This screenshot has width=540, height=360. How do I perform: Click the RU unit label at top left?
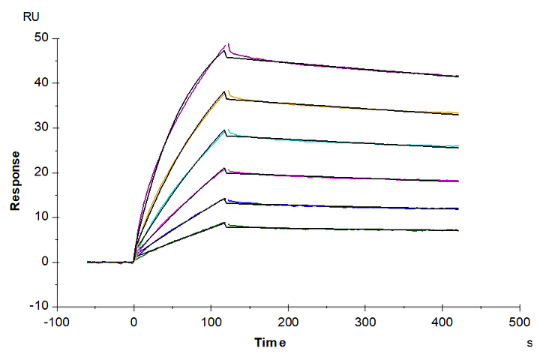point(31,16)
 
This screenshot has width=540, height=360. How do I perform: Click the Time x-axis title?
point(270,343)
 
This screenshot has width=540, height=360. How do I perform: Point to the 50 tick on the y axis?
point(43,37)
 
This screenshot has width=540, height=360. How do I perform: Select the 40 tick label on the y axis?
point(43,82)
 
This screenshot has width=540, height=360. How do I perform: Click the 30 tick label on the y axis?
point(43,127)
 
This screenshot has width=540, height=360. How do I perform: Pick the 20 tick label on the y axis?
point(43,172)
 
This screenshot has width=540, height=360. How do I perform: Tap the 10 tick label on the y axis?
point(43,217)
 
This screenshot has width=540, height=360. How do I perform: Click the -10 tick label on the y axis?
point(40,307)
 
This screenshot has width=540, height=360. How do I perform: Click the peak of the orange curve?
point(226,91)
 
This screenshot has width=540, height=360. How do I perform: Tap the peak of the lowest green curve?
point(225,223)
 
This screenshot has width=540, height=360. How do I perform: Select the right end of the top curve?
point(458,76)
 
